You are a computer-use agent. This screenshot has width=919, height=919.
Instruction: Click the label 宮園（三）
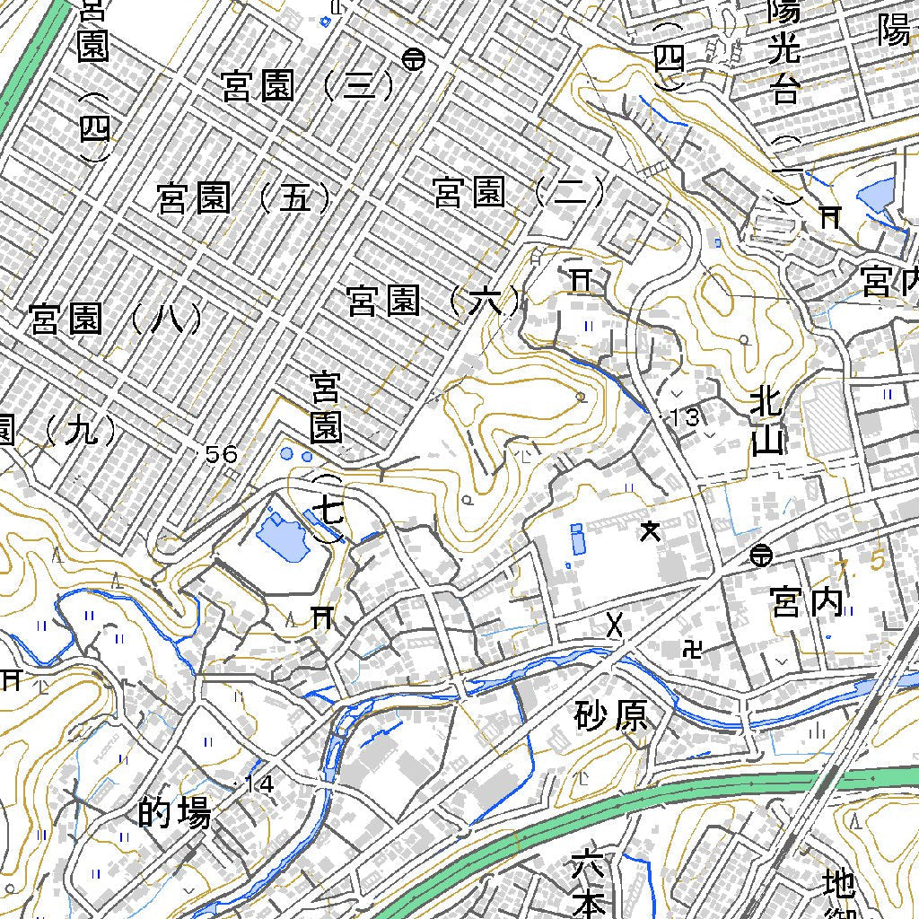point(308,86)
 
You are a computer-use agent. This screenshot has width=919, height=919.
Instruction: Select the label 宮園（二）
point(520,192)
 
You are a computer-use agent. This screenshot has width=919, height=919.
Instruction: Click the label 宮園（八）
point(117,319)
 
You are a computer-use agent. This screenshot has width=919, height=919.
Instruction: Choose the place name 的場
point(176,813)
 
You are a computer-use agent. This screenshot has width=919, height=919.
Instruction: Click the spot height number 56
point(221,455)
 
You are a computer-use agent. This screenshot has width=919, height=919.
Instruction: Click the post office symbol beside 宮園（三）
point(414,59)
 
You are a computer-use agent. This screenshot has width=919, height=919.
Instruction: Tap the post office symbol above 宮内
point(761,556)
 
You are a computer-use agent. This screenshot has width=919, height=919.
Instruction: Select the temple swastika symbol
point(693,646)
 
